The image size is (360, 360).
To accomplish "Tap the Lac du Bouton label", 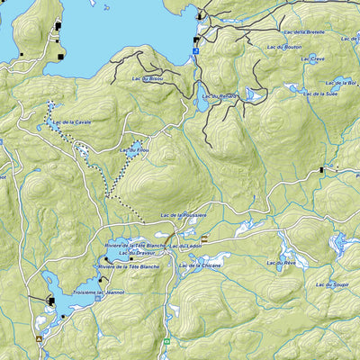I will tap(283, 46).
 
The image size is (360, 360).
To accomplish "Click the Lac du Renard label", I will tap(220, 96).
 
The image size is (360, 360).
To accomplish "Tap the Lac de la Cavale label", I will tap(71, 122).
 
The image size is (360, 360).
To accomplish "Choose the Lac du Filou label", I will tap(133, 149).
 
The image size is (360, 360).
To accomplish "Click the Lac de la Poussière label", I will tap(184, 216).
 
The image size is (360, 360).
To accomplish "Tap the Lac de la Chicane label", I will tap(200, 266).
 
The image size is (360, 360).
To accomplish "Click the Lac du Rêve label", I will tap(281, 262).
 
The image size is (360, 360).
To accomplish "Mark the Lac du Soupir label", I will tap(331, 284).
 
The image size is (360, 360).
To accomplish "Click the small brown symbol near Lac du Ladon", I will tap(204, 239).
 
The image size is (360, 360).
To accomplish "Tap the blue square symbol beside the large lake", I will tap(194, 52).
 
